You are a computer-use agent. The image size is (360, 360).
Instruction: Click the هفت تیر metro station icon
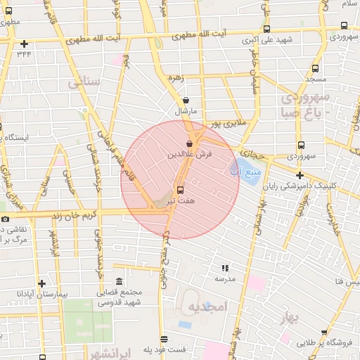tap(180, 190)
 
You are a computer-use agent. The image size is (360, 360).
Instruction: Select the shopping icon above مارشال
tap(185, 101)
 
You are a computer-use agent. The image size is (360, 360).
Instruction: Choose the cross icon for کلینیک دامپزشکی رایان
tap(300, 175)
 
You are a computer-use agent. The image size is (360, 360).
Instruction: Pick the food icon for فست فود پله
tap(164, 339)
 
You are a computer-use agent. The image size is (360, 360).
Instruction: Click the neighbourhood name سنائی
tap(85, 83)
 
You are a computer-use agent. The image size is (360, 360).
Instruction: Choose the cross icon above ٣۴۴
tap(25, 44)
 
